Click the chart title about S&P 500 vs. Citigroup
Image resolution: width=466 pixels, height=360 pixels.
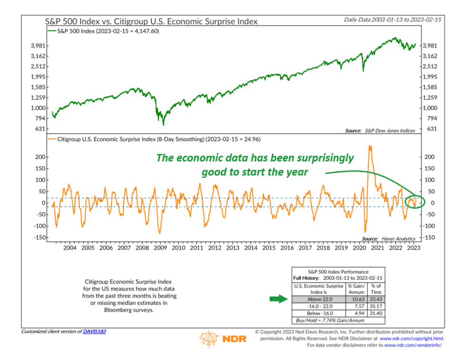151,21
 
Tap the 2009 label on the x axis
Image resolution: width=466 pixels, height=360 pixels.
160,248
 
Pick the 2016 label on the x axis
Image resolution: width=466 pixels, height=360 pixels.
287,248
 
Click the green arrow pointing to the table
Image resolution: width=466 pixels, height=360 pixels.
278,299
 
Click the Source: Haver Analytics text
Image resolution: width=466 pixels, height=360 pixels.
388,239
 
